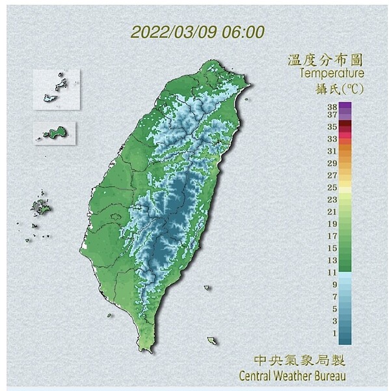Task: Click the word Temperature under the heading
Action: [331, 74]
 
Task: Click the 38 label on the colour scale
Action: [332, 105]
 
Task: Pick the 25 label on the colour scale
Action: [332, 187]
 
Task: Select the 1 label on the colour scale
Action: [334, 333]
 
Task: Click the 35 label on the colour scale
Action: [332, 126]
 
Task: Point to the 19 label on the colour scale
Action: [332, 224]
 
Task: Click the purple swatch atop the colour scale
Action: [345, 106]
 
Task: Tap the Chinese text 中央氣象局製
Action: [299, 360]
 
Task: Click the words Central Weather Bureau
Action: [292, 375]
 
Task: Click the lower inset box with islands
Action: [54, 134]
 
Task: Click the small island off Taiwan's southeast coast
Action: [212, 340]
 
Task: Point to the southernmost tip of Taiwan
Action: [148, 350]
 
